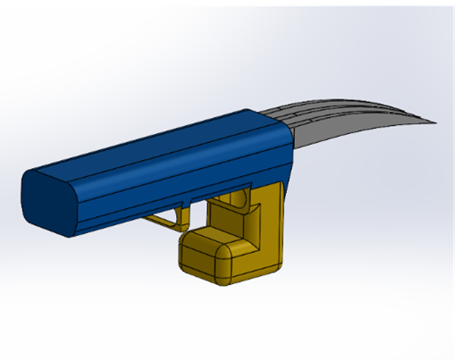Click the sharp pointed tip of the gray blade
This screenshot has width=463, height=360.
(x=435, y=121)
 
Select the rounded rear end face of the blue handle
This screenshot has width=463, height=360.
(x=45, y=201)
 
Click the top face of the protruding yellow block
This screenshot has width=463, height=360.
(x=215, y=234)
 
